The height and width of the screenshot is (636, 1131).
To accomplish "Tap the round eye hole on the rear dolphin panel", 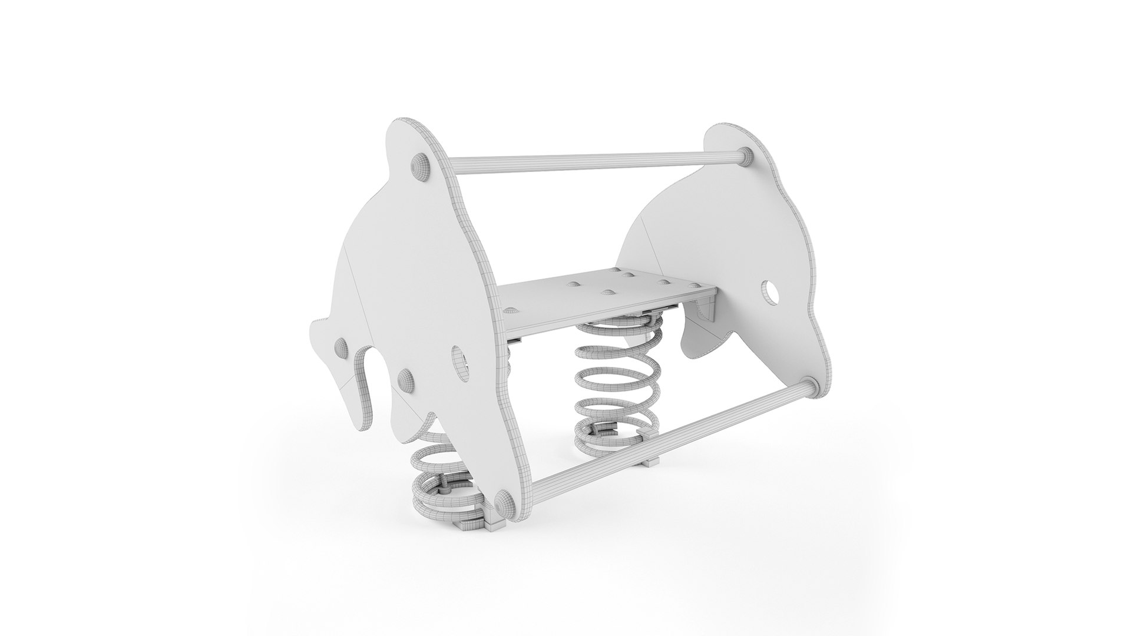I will click(770, 290).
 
